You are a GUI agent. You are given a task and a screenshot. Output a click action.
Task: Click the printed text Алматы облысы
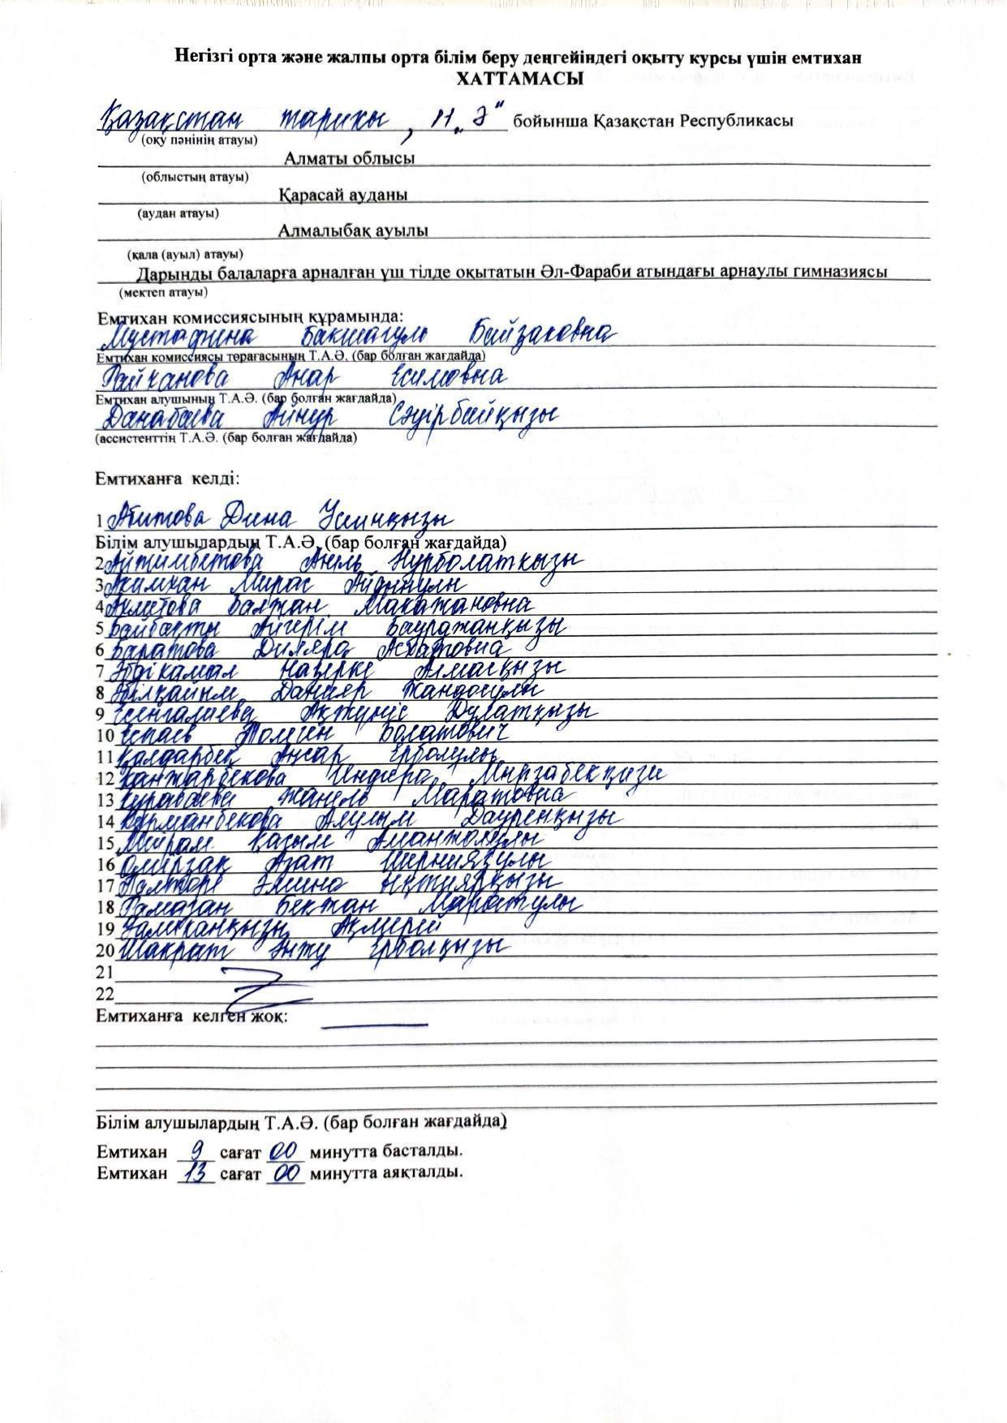(349, 159)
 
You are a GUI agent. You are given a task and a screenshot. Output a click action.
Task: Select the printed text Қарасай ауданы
(343, 196)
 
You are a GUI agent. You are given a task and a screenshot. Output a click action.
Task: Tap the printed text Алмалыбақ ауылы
(353, 231)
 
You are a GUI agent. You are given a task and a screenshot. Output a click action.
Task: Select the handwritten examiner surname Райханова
(166, 378)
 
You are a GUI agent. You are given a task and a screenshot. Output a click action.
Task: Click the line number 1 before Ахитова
(100, 522)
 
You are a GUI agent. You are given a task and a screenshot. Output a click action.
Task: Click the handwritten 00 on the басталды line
(283, 1150)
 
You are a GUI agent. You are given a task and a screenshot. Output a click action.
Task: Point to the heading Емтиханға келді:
(167, 479)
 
